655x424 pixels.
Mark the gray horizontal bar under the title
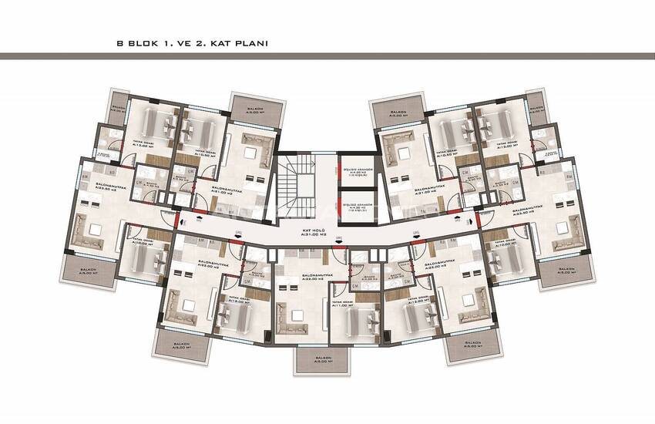[327, 56]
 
